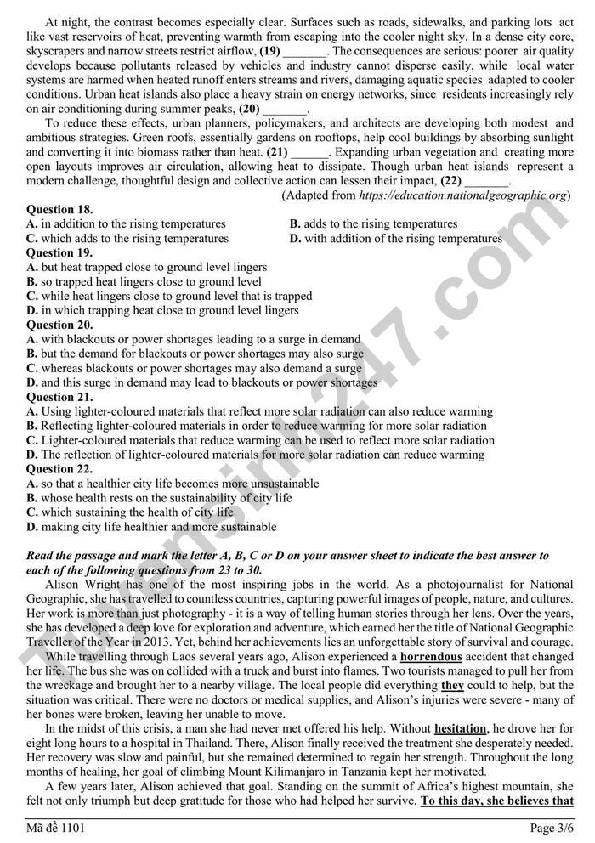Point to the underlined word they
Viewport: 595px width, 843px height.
(452, 686)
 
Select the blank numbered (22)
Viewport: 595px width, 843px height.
(487, 181)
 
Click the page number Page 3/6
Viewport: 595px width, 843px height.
(552, 828)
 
